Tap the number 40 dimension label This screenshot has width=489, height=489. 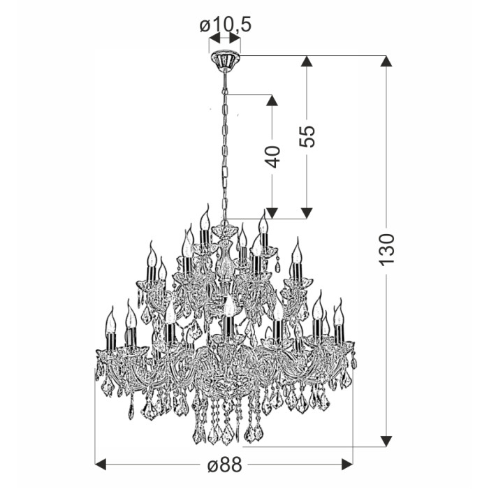(272, 156)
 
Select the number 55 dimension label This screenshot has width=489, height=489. (307, 136)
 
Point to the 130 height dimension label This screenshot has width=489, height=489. (387, 249)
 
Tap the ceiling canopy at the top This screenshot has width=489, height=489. (225, 61)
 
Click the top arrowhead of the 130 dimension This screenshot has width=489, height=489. (386, 61)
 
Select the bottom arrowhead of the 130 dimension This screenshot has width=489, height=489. (386, 441)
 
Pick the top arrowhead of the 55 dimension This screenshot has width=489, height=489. (307, 61)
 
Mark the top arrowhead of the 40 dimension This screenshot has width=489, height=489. (272, 100)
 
